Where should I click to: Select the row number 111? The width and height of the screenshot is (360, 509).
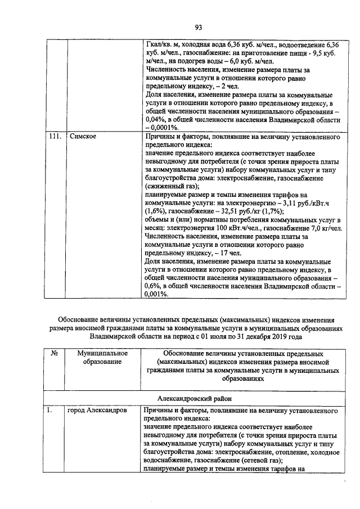[53, 137]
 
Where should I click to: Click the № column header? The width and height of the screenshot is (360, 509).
[55, 354]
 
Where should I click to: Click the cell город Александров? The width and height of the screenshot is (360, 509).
[98, 411]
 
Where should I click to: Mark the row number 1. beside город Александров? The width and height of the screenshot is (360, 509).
[50, 411]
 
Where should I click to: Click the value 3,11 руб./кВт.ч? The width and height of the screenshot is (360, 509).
[307, 201]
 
